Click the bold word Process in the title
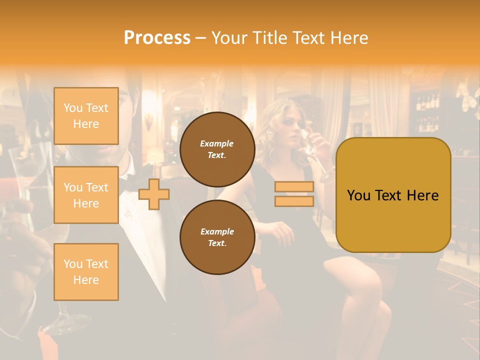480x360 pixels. coord(157,37)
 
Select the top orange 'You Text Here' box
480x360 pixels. coord(86,116)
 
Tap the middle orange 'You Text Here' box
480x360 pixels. coord(86,195)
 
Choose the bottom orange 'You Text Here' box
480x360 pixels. coord(86,271)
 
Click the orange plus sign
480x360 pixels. coord(153,194)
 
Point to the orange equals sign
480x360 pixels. coord(294,194)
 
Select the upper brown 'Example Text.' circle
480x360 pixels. coord(217,149)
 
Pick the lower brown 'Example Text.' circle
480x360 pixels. coord(217,237)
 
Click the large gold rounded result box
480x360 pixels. coord(393,195)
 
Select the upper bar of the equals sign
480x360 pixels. coord(294,187)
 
